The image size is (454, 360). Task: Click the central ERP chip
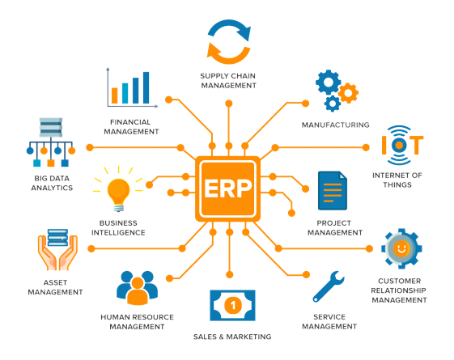(228, 188)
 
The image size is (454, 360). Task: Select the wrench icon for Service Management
(329, 286)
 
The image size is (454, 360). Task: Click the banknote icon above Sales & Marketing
(232, 305)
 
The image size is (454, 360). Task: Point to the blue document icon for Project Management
(333, 190)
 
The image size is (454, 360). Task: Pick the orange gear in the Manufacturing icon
(348, 93)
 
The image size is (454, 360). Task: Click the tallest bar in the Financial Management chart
(146, 87)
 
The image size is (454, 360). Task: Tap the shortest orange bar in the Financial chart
(115, 95)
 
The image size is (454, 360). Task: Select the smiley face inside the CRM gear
(401, 248)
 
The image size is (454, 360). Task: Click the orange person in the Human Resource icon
(138, 291)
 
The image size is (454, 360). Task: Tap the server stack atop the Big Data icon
(51, 127)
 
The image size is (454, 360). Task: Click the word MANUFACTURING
(336, 125)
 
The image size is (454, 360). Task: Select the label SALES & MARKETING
(232, 337)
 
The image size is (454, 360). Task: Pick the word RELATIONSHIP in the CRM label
(399, 290)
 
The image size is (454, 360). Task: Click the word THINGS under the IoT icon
(397, 184)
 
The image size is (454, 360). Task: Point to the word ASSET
(55, 282)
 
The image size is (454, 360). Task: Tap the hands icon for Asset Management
(57, 249)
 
